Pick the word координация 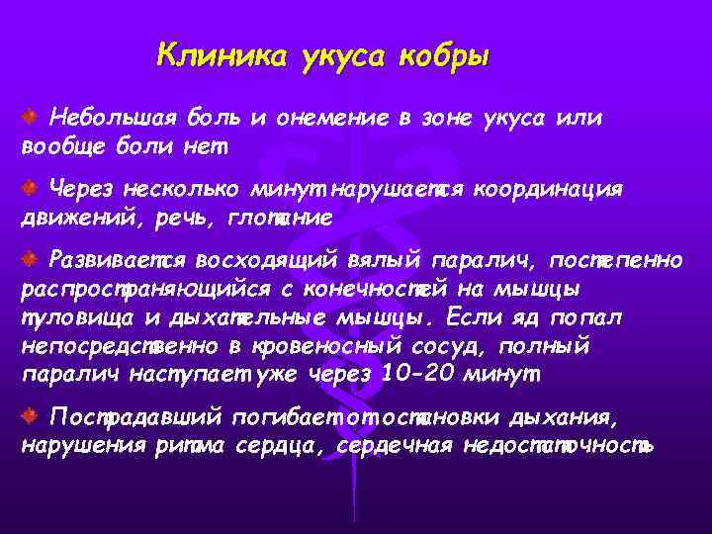(x=549, y=189)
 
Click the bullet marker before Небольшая (x=31, y=118)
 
